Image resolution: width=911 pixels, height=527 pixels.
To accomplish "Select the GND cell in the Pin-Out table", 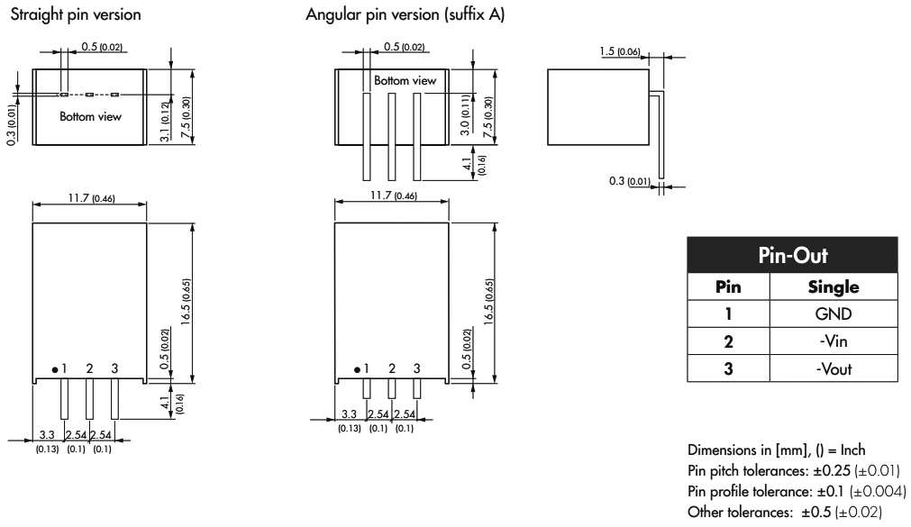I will tap(834, 315).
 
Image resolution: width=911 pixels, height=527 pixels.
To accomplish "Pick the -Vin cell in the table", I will tap(834, 342).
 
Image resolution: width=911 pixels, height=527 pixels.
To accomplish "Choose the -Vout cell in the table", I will tap(834, 369).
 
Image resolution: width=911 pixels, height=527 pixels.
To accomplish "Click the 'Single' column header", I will tap(834, 288).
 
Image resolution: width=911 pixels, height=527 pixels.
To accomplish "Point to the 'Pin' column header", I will tap(728, 288).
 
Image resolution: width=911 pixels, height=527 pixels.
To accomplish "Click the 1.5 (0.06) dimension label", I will tap(620, 51).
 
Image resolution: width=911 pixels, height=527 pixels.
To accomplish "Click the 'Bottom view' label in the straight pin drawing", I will tap(89, 116).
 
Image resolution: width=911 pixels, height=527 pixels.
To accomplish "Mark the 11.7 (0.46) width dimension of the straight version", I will tap(89, 196).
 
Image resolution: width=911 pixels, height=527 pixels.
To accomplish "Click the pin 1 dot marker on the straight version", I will tap(55, 369).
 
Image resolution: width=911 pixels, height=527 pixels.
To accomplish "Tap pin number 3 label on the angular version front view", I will tap(416, 368).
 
